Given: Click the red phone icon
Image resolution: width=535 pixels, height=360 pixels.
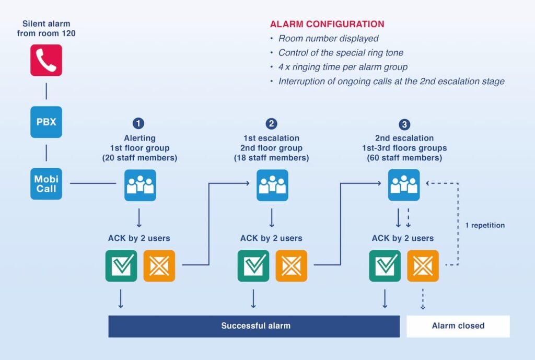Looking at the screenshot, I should point(46,60).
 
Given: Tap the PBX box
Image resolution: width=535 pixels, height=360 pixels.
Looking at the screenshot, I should point(46,122).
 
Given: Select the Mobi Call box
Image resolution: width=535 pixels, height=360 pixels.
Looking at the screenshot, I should point(46,184).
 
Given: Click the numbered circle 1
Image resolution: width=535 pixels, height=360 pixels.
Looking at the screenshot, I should point(138,124).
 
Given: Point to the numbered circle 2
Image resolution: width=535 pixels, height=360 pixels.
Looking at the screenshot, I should point(271,124).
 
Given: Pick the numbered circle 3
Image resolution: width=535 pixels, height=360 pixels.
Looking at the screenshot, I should point(404,124).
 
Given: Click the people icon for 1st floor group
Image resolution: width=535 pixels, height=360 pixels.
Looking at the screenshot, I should point(140,185).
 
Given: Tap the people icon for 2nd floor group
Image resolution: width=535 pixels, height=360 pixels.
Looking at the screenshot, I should point(272,185).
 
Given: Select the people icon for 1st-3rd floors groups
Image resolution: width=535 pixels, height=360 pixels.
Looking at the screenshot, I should point(404,185).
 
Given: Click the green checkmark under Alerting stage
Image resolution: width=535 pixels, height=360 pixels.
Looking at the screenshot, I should point(121,265).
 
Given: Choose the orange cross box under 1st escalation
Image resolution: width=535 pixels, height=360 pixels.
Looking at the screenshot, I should point(291,265).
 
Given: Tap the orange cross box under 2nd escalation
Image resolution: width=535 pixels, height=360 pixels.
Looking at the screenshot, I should point(423,265).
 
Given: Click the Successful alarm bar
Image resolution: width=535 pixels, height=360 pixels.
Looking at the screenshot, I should point(254,326).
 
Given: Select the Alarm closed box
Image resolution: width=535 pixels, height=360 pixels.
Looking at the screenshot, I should point(458,326).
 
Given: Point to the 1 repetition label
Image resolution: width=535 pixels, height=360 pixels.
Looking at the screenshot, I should point(485,225).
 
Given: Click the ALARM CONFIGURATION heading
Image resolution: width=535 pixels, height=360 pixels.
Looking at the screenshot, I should point(327,24).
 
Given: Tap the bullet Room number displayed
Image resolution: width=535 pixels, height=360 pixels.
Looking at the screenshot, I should point(328,39).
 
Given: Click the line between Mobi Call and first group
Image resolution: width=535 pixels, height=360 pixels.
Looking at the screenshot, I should point(93,183).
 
